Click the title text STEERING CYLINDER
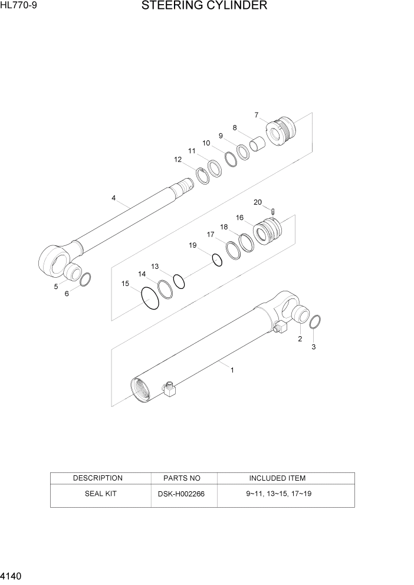pos(205,6)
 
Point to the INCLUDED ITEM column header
pos(277,478)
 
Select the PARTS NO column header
pos(181,478)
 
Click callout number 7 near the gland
pos(257,114)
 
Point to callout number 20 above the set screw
pos(257,202)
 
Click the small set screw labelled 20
pos(274,212)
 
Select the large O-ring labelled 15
pos(150,298)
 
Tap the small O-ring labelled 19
pos(216,259)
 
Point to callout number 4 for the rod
pos(113,198)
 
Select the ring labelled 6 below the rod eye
pos(84,279)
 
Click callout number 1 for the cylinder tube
pos(232,370)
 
